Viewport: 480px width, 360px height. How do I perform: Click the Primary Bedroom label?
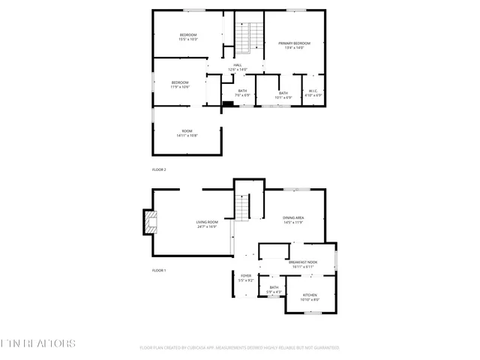(294, 46)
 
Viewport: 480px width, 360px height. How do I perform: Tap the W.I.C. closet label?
(314, 93)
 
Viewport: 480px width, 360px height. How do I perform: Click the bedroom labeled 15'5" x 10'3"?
(187, 37)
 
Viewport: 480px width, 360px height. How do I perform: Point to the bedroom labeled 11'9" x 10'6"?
(180, 84)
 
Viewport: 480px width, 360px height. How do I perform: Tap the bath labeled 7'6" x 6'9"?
(242, 93)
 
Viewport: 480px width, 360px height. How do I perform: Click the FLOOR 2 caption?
(159, 169)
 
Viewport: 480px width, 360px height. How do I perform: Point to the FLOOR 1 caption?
(159, 270)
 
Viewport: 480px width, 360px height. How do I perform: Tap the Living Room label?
(207, 224)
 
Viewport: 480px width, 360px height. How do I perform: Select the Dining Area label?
(293, 220)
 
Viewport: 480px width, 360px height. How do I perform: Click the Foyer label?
(246, 278)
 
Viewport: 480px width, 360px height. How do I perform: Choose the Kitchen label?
(310, 297)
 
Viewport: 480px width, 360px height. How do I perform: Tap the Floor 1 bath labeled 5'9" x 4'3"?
(274, 289)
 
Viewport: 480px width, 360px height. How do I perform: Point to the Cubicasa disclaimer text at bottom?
(239, 348)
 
